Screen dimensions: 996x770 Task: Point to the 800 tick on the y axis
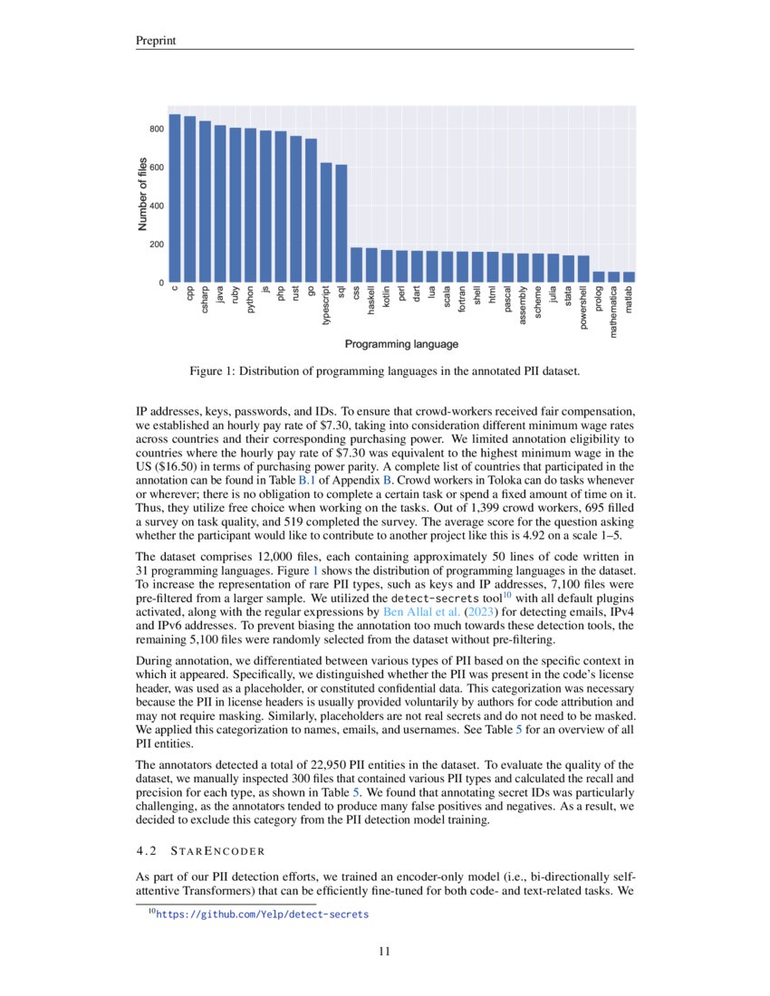click(x=157, y=129)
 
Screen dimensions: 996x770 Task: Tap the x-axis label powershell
click(x=583, y=309)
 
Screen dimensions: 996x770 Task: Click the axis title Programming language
click(x=401, y=344)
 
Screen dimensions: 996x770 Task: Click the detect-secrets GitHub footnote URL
click(x=263, y=915)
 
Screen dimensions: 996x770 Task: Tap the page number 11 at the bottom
click(x=385, y=951)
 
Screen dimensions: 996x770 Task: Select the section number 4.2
click(x=146, y=851)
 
